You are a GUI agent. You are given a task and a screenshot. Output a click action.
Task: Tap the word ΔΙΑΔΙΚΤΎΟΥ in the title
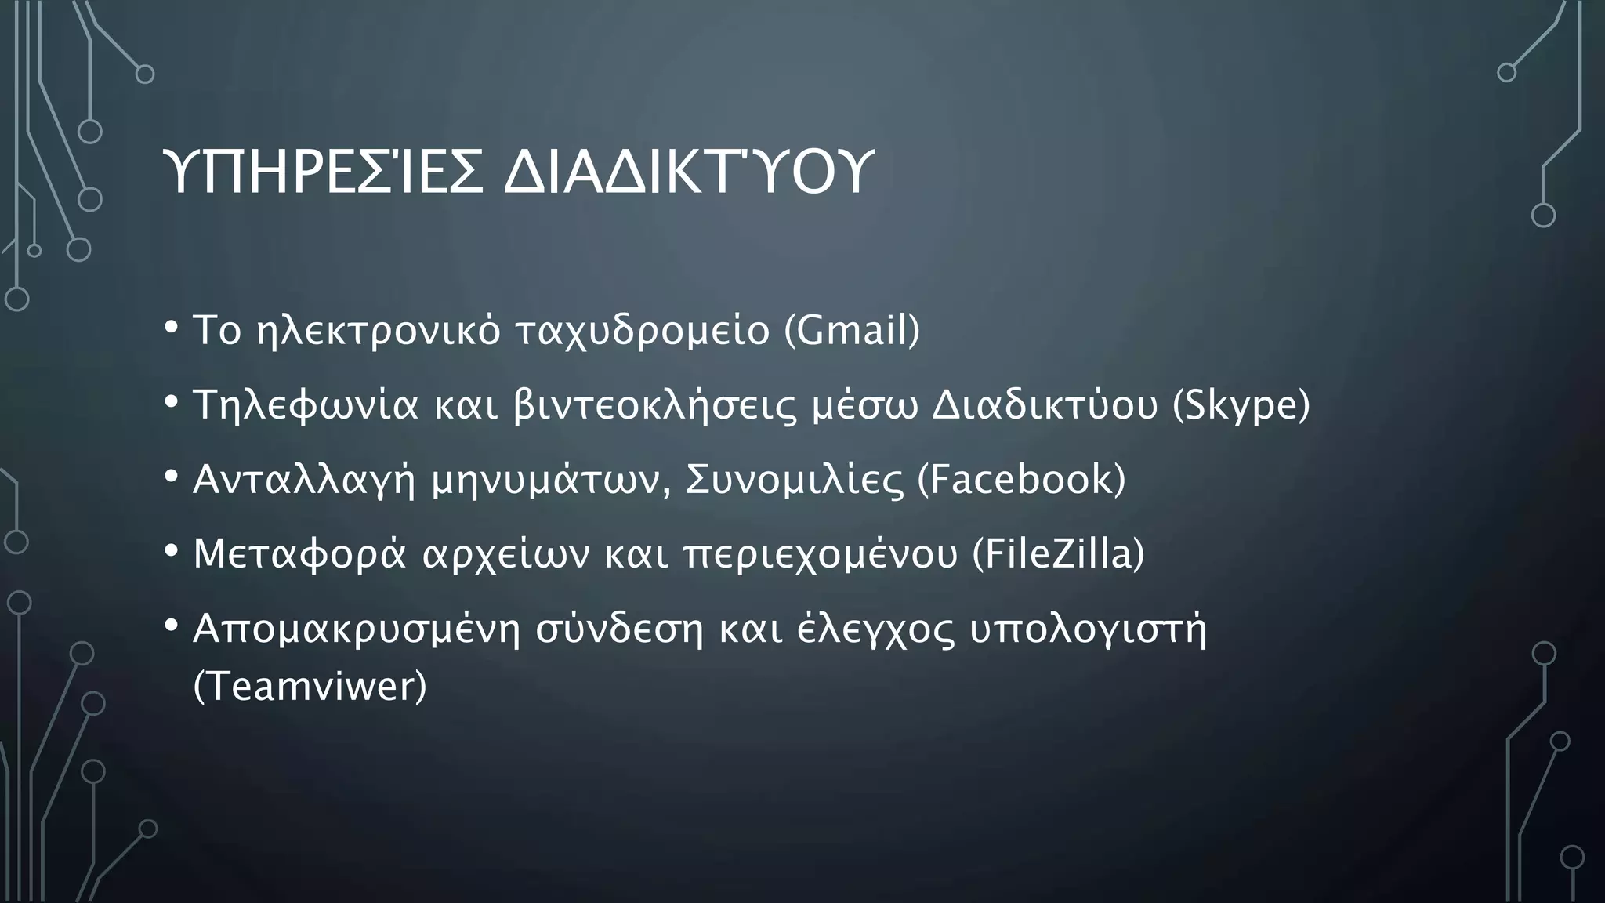[687, 172]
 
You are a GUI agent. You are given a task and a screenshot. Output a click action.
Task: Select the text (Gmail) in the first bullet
[852, 330]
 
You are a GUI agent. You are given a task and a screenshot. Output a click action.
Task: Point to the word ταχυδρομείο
[643, 330]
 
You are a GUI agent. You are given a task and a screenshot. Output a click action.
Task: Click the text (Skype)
[1241, 405]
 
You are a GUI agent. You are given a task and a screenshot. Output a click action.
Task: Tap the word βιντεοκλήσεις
[654, 405]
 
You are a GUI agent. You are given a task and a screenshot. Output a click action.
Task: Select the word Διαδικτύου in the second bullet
[1045, 405]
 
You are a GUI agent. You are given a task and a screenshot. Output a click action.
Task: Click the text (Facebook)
[1021, 479]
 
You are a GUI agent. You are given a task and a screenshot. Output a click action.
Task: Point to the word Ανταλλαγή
[304, 479]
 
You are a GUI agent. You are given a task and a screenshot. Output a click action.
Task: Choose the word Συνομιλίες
[794, 479]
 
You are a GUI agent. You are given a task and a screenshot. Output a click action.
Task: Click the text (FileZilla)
[1058, 553]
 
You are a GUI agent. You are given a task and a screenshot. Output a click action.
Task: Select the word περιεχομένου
[820, 553]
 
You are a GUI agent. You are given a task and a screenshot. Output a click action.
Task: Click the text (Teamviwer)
[310, 687]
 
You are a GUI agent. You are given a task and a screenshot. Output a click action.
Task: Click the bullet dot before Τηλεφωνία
[172, 401]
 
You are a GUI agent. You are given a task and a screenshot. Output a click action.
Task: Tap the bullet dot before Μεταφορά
[172, 550]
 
